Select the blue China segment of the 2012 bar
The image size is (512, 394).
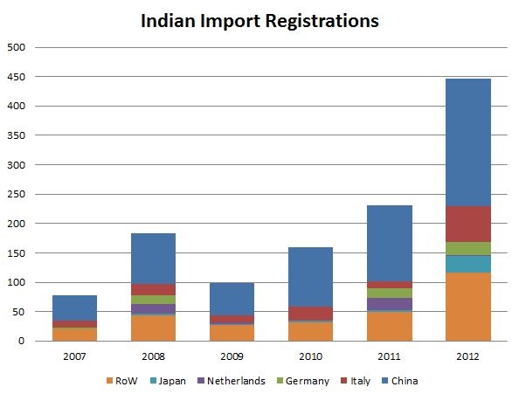(x=467, y=142)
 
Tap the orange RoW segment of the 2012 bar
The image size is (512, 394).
(x=467, y=307)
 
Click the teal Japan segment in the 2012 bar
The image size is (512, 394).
(x=467, y=264)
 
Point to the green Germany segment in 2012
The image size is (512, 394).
(x=467, y=248)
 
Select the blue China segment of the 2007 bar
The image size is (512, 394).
(x=74, y=308)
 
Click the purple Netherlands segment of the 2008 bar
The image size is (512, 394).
(x=153, y=308)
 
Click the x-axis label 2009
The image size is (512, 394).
(x=232, y=356)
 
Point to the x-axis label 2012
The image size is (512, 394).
(x=467, y=356)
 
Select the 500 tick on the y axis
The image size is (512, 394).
(x=16, y=47)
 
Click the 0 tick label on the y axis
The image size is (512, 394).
(x=22, y=342)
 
